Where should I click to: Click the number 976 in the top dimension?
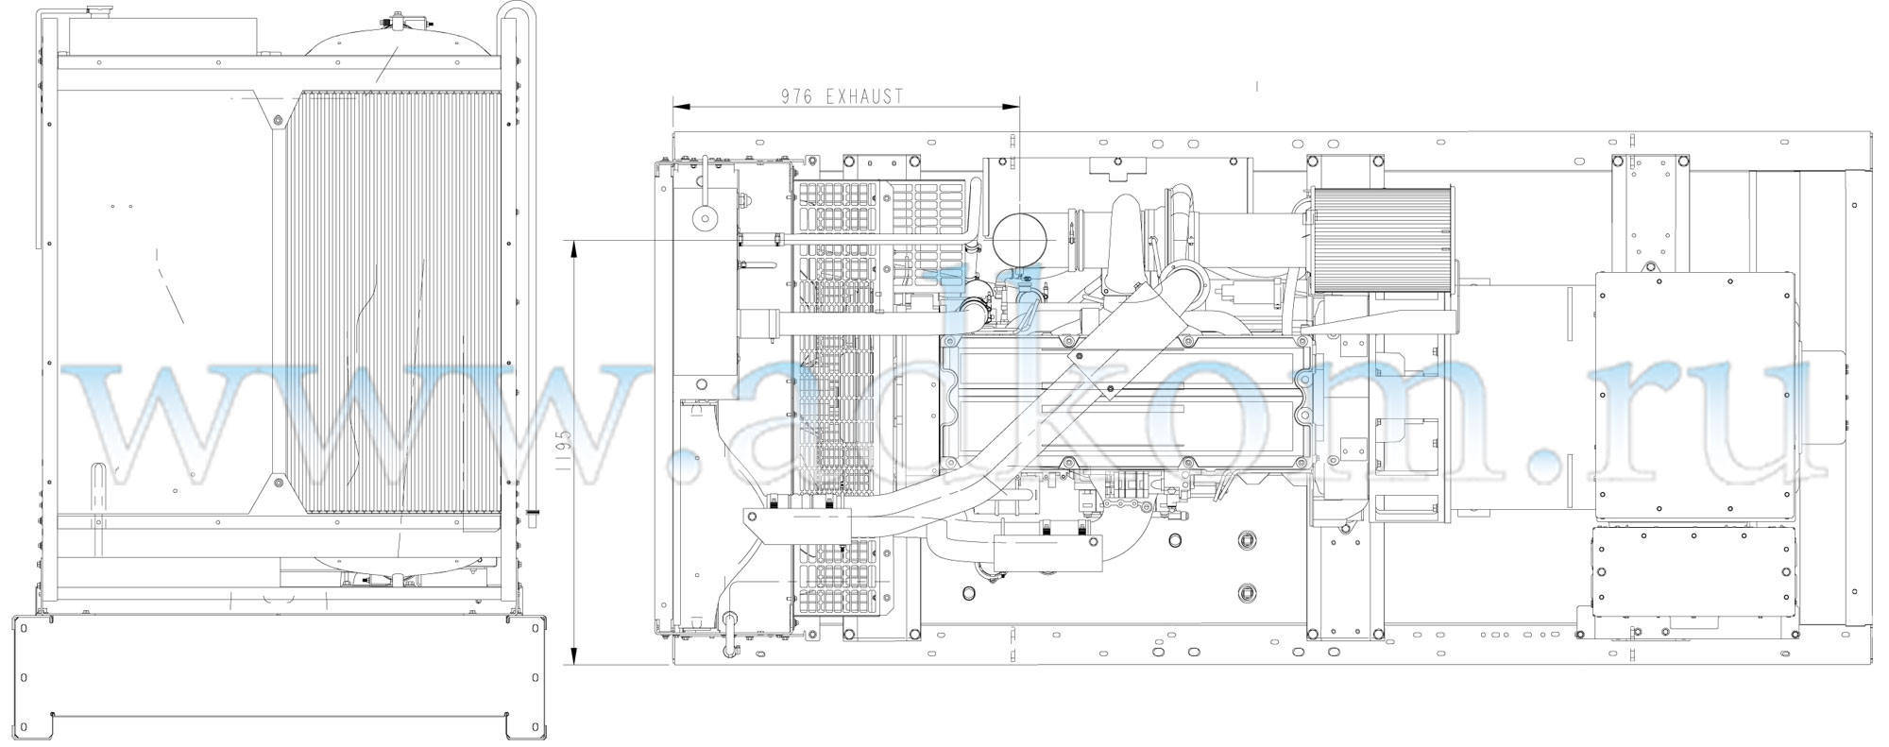(x=798, y=96)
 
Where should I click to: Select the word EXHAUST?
(x=865, y=96)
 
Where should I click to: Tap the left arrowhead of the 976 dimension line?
(x=682, y=106)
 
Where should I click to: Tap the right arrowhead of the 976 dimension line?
(x=1012, y=106)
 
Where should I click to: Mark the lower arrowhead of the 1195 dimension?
(x=575, y=655)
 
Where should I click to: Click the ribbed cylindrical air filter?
(x=1383, y=239)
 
